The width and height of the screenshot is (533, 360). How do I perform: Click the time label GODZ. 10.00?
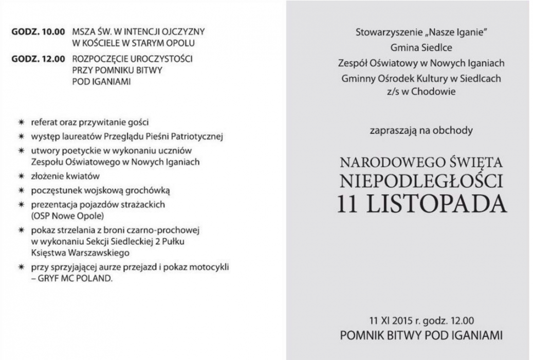tap(38, 32)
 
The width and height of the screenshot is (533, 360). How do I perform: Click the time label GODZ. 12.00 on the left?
tap(38, 59)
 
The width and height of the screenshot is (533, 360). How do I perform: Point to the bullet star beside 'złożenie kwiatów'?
tap(21, 176)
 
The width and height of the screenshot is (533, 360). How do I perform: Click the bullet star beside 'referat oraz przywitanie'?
tap(21, 123)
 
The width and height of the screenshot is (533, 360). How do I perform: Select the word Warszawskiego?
tap(104, 253)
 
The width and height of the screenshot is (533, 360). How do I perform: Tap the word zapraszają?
tap(389, 131)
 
